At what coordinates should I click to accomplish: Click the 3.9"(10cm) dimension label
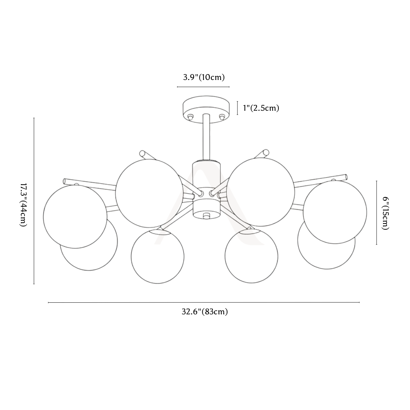[204, 78]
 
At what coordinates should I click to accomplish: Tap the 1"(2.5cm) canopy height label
[261, 108]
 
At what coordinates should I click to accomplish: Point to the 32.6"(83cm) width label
[205, 312]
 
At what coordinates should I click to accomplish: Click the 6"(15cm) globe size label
[386, 213]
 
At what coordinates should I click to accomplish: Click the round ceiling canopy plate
[206, 109]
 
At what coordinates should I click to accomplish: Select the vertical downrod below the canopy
[206, 137]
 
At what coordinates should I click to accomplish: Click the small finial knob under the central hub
[206, 216]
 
